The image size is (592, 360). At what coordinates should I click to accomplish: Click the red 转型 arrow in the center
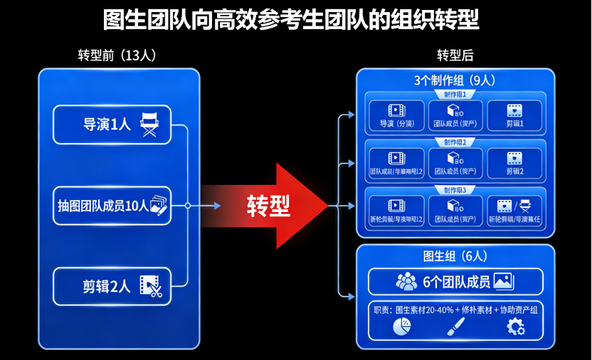pyautogui.click(x=267, y=206)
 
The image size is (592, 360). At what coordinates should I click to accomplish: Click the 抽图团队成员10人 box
pyautogui.click(x=112, y=206)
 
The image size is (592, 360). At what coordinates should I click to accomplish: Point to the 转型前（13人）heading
pyautogui.click(x=117, y=56)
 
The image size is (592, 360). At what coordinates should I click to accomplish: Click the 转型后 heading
pyautogui.click(x=455, y=56)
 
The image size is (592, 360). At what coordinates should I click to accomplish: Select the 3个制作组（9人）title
pyautogui.click(x=455, y=80)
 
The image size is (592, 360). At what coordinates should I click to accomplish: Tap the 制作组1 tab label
pyautogui.click(x=455, y=95)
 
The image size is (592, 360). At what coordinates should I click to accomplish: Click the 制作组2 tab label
pyautogui.click(x=455, y=142)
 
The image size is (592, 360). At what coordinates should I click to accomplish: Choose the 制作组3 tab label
pyautogui.click(x=455, y=190)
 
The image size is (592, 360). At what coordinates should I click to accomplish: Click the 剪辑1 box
pyautogui.click(x=514, y=115)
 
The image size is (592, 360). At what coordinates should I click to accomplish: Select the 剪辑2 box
pyautogui.click(x=514, y=164)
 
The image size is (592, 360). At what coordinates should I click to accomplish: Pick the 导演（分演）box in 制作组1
pyautogui.click(x=396, y=115)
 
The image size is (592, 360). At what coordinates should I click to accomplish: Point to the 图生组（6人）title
pyautogui.click(x=455, y=255)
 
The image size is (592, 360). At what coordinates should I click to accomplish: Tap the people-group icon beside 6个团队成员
pyautogui.click(x=406, y=282)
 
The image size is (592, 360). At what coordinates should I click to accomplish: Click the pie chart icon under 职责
pyautogui.click(x=402, y=327)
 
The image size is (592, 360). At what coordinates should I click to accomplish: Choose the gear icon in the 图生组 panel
pyautogui.click(x=514, y=327)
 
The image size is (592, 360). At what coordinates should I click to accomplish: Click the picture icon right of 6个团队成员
pyautogui.click(x=504, y=282)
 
